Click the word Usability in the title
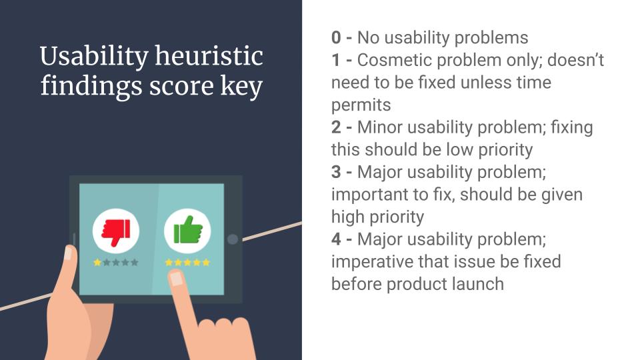tap(94, 57)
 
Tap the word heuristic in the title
tap(209, 55)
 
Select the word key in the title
tap(241, 87)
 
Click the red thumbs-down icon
tap(116, 231)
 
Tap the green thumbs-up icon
tap(188, 230)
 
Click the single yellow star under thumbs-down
tap(97, 263)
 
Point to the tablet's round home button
tap(233, 239)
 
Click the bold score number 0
tap(336, 37)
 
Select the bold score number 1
tap(335, 60)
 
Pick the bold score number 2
tap(336, 127)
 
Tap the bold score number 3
tap(336, 172)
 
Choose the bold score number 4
tap(336, 239)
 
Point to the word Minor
tap(381, 127)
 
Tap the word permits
tap(361, 105)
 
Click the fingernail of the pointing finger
tap(176, 279)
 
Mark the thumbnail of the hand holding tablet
tap(68, 253)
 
